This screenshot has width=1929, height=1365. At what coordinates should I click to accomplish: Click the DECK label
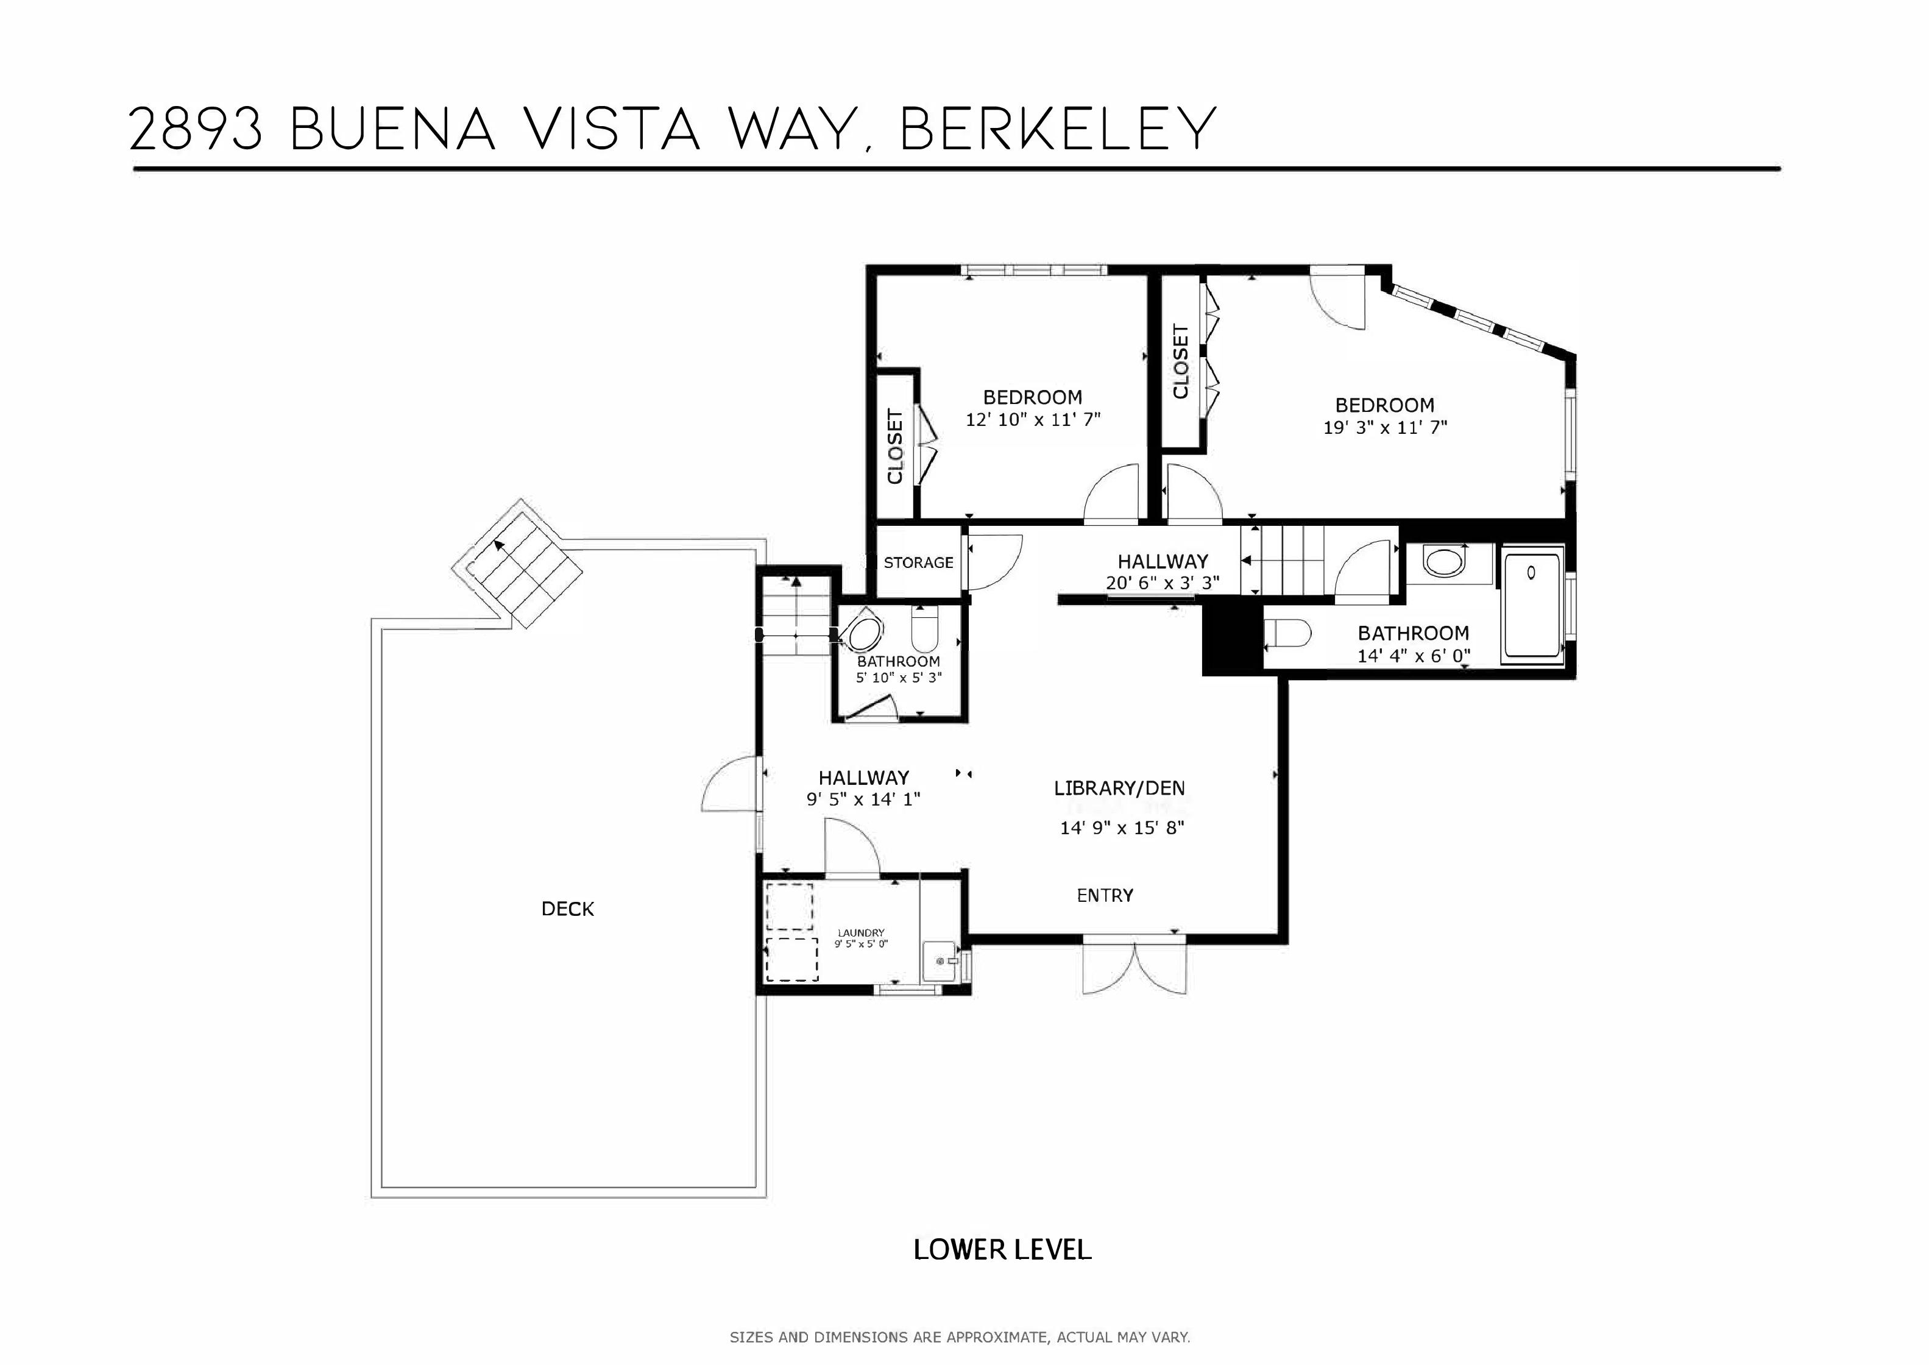click(x=567, y=909)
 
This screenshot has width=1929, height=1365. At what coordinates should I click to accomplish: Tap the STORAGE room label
click(x=918, y=562)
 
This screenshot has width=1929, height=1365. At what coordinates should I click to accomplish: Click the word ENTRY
click(x=1105, y=896)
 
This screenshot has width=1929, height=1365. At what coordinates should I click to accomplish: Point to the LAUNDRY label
click(x=861, y=933)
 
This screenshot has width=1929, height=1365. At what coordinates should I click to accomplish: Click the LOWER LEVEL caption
click(x=1002, y=1250)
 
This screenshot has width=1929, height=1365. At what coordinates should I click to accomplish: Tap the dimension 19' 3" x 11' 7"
click(x=1386, y=427)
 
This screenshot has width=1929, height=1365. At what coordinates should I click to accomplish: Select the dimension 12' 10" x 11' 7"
click(x=1033, y=419)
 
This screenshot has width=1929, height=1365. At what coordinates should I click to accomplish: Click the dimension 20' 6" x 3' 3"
click(x=1162, y=583)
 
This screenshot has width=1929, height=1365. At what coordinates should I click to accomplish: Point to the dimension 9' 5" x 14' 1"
click(x=864, y=799)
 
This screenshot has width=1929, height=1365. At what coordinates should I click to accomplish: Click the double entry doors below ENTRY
click(x=1135, y=966)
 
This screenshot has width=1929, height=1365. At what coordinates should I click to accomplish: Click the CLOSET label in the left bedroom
click(x=895, y=446)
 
